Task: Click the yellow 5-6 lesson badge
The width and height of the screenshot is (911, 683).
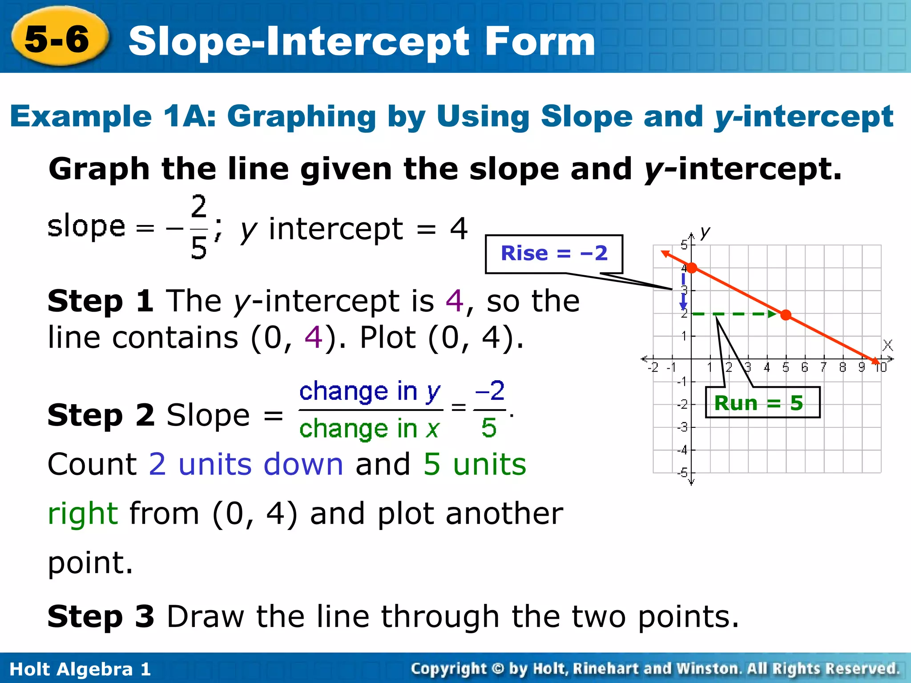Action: pos(58,39)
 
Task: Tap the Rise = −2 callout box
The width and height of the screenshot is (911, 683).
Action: pos(553,253)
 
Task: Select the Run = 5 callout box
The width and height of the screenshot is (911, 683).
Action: pos(762,403)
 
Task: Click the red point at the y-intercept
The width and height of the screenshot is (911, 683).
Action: pos(692,268)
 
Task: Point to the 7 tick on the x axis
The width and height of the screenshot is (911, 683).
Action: pos(823,367)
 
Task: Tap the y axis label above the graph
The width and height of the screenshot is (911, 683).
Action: pos(705,232)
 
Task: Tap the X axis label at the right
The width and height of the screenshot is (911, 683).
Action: pos(887,345)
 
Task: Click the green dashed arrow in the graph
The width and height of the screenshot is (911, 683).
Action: pos(734,314)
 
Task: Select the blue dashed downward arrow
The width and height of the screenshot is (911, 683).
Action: pos(683,291)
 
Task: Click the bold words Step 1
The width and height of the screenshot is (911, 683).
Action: pos(101,301)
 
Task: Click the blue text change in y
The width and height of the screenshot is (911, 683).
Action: pos(370,391)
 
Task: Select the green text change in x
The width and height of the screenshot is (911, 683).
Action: pos(370,429)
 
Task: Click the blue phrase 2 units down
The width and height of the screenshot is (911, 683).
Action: pos(246,464)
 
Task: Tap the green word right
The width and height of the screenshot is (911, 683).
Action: pos(83,513)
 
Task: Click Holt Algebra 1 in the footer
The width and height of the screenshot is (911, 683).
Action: pos(80,669)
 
